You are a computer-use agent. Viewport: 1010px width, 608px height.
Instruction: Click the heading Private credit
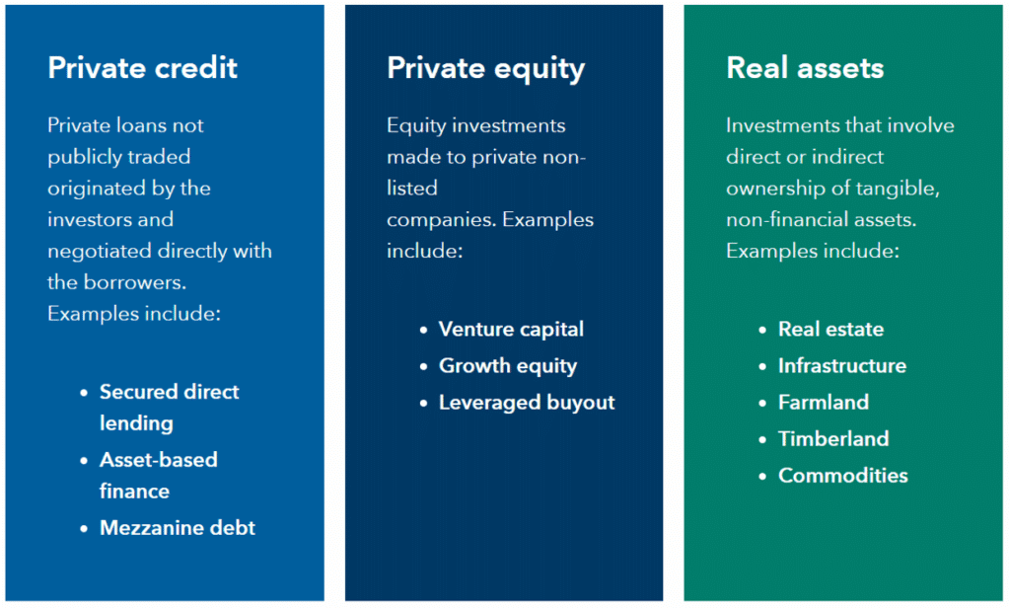[143, 68]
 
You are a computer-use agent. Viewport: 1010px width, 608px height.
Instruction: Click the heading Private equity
[485, 68]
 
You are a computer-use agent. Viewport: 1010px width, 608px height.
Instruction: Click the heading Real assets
[805, 68]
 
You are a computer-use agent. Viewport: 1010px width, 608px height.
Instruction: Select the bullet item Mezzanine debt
[178, 527]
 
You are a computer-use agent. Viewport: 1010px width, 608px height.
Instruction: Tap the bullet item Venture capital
[511, 329]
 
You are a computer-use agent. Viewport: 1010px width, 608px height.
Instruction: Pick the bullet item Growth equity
[508, 365]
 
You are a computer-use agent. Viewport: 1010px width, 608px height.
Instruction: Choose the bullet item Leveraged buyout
[527, 402]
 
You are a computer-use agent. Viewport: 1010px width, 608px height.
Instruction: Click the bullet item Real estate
[830, 329]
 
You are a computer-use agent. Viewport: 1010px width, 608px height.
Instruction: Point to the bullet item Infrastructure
[841, 365]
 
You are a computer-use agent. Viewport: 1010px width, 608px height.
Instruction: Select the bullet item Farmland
[824, 402]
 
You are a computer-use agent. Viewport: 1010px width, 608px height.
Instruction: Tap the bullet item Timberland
[833, 438]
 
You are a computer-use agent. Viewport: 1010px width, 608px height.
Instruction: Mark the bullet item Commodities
[843, 475]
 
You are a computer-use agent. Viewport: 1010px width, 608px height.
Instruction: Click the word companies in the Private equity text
[440, 219]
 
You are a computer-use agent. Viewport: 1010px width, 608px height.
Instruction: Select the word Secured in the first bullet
[136, 392]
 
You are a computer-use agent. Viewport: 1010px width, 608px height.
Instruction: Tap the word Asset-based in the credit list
[158, 460]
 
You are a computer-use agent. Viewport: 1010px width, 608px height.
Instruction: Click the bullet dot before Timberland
[762, 439]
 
